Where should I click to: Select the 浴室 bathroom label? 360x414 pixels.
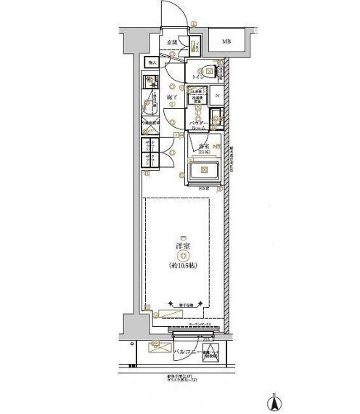point(205,147)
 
